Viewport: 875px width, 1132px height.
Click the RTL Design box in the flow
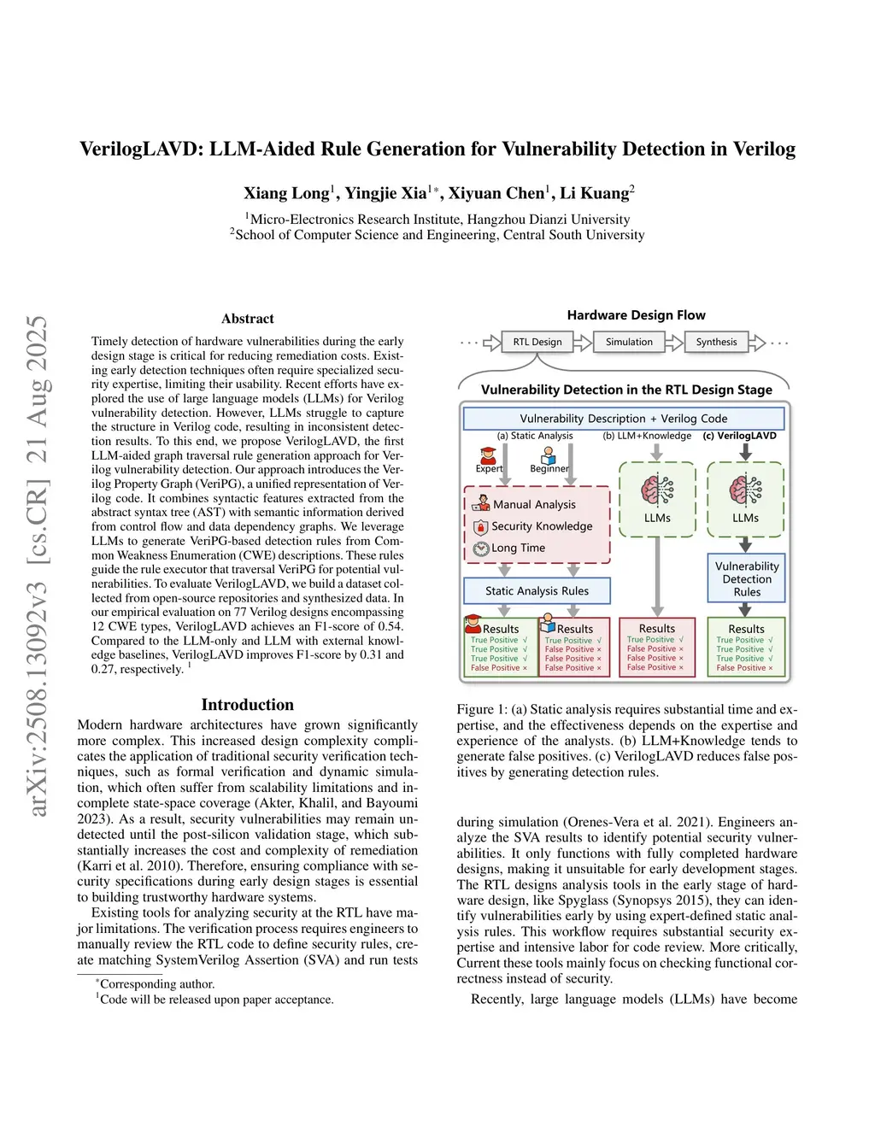pyautogui.click(x=537, y=342)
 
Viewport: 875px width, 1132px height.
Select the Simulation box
pyautogui.click(x=629, y=342)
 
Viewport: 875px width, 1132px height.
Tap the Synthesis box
pyautogui.click(x=716, y=342)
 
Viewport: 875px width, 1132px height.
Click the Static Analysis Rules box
pyautogui.click(x=537, y=590)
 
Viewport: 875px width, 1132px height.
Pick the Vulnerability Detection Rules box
pyautogui.click(x=747, y=578)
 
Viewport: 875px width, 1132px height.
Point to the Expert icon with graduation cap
pyautogui.click(x=488, y=455)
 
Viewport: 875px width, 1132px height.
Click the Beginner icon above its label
pyautogui.click(x=549, y=455)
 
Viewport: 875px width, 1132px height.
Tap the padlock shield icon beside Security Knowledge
pyautogui.click(x=481, y=526)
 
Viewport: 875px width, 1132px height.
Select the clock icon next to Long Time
pyautogui.click(x=481, y=548)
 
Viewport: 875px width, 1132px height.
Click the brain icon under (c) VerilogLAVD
pyautogui.click(x=745, y=490)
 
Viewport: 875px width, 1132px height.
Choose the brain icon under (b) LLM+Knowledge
pyautogui.click(x=657, y=490)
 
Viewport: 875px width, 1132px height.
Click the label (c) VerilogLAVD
pyautogui.click(x=740, y=436)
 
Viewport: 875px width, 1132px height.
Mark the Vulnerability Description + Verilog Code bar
pyautogui.click(x=624, y=419)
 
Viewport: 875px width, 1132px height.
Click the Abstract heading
pyautogui.click(x=248, y=319)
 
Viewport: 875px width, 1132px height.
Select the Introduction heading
pyautogui.click(x=248, y=705)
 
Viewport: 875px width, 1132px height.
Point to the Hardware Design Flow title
pyautogui.click(x=637, y=315)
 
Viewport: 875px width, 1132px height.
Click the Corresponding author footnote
pyautogui.click(x=156, y=984)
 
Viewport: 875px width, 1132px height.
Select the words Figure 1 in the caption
pyautogui.click(x=476, y=709)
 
